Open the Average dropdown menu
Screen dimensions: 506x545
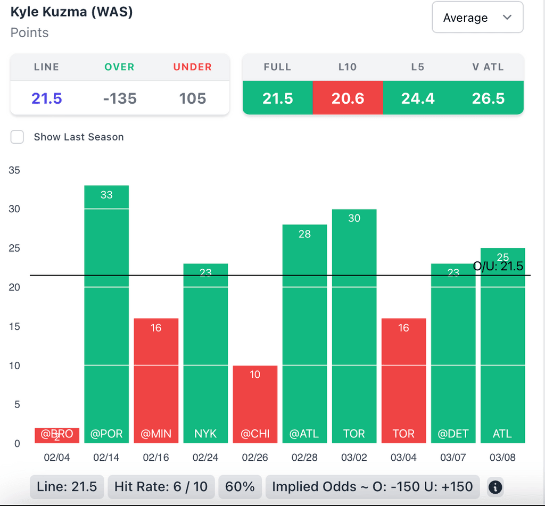point(477,18)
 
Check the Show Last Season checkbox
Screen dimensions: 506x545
point(18,137)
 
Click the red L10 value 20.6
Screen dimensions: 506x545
point(348,98)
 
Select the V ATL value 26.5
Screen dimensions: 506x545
point(488,98)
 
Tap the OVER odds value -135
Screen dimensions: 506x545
point(120,98)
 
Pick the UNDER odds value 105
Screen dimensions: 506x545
point(193,98)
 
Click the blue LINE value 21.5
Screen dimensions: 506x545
point(47,98)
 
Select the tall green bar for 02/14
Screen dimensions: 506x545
point(106,314)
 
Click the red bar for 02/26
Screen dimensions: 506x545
point(255,404)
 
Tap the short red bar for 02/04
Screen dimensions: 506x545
point(57,435)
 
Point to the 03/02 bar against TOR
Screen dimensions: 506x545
point(354,326)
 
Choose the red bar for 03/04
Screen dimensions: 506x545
point(403,380)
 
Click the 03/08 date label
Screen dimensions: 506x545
point(502,457)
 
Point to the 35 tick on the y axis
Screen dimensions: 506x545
point(14,170)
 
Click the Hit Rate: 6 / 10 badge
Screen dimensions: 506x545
point(161,486)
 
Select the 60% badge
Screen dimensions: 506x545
point(240,486)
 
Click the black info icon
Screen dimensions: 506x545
point(495,486)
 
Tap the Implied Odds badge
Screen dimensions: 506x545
point(373,486)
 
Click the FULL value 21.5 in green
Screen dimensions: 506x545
point(277,98)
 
